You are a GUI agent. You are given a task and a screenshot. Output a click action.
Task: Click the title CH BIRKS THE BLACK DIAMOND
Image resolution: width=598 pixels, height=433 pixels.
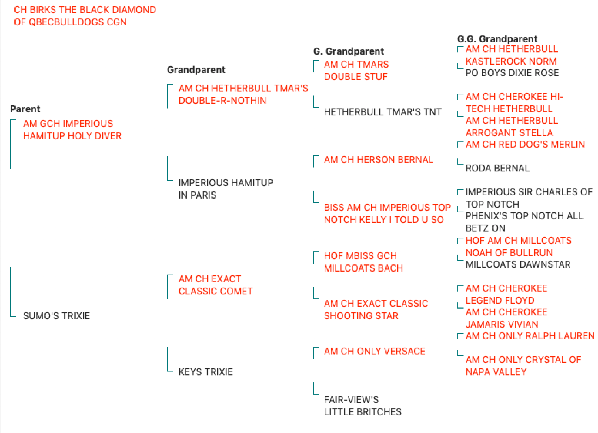85,10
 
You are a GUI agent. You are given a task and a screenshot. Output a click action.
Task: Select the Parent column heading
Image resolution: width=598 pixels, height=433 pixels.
25,109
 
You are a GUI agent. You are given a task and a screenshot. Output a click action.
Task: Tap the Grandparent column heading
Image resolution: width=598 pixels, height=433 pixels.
196,70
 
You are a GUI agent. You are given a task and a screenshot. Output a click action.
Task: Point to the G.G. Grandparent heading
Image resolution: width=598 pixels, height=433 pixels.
497,39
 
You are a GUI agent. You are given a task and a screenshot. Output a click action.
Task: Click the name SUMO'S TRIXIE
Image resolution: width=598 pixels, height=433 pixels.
56,316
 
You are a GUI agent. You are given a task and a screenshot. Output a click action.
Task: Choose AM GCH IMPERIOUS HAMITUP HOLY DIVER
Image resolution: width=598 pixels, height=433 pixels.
72,130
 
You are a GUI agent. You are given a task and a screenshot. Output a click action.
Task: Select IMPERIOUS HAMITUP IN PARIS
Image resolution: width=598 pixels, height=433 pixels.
226,189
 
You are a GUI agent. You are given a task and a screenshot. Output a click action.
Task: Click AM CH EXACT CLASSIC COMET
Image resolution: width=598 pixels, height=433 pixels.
216,285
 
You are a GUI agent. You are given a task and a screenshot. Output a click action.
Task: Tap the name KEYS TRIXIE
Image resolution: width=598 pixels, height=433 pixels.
205,372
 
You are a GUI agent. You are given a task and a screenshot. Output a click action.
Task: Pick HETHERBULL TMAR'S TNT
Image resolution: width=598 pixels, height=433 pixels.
383,112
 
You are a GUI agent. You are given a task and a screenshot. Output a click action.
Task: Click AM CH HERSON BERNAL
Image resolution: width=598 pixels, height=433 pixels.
378,160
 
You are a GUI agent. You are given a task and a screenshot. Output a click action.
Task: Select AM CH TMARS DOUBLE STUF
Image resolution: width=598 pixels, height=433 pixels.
357,71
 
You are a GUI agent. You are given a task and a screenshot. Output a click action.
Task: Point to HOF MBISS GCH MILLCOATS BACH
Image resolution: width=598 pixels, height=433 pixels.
363,262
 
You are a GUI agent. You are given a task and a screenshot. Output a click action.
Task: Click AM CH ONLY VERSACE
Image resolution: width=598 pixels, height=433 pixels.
375,352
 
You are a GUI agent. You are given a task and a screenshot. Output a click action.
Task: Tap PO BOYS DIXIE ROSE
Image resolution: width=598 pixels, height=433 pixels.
512,73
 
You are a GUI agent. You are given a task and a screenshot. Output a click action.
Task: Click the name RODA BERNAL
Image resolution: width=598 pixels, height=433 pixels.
498,168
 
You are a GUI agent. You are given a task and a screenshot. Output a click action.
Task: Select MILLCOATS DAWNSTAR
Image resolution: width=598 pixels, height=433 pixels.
518,264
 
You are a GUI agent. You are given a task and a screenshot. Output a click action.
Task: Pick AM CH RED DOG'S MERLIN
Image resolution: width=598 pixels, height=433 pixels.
525,145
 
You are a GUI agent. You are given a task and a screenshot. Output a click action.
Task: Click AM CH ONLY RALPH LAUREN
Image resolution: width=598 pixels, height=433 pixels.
530,336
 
